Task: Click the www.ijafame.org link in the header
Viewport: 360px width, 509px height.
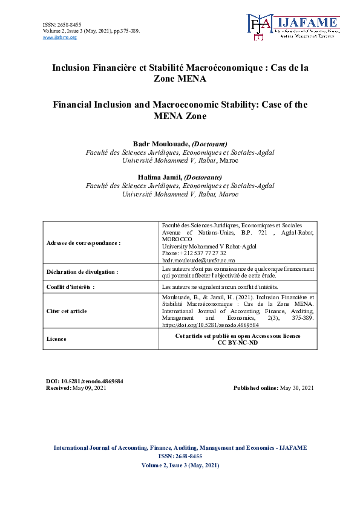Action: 60,37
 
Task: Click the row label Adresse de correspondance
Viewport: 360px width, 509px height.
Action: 83,242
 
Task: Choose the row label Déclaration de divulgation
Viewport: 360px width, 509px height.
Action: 82,272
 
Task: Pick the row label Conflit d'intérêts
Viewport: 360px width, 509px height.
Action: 71,287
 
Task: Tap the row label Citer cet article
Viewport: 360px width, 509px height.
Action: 67,311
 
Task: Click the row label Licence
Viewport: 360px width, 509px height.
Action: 56,339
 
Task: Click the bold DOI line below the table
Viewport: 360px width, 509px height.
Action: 85,381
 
